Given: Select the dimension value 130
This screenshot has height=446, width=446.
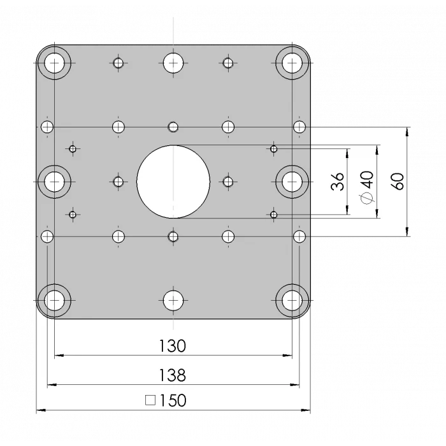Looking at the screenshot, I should pos(172,346).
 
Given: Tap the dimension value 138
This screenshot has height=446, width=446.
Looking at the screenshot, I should pos(172,375).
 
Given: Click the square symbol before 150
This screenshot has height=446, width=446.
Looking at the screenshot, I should pos(151,401).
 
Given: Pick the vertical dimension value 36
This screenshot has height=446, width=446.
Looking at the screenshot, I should pos(338,182).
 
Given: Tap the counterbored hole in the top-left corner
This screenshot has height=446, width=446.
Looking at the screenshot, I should pos(55,62).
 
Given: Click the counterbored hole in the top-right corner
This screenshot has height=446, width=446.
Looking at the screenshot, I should pos(292,62).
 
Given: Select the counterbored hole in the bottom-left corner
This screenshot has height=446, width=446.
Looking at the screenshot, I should pos(55,300).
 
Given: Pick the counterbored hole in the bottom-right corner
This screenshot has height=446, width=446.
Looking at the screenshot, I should pos(292,300).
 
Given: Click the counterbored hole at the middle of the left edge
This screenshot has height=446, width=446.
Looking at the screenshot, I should pos(55,182).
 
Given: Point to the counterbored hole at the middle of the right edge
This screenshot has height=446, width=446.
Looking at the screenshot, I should pos(292,182).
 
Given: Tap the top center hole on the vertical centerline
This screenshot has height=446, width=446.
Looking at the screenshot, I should pos(173,62).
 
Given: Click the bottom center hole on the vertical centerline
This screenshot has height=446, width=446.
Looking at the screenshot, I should pos(173,300).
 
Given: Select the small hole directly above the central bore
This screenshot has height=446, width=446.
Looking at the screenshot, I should pos(173,126).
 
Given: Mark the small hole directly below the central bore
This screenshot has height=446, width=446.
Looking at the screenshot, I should pos(173,237).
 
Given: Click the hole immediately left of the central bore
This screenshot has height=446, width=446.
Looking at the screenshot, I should pos(118,182).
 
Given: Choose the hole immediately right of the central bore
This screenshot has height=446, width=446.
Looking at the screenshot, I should pos(229,182).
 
